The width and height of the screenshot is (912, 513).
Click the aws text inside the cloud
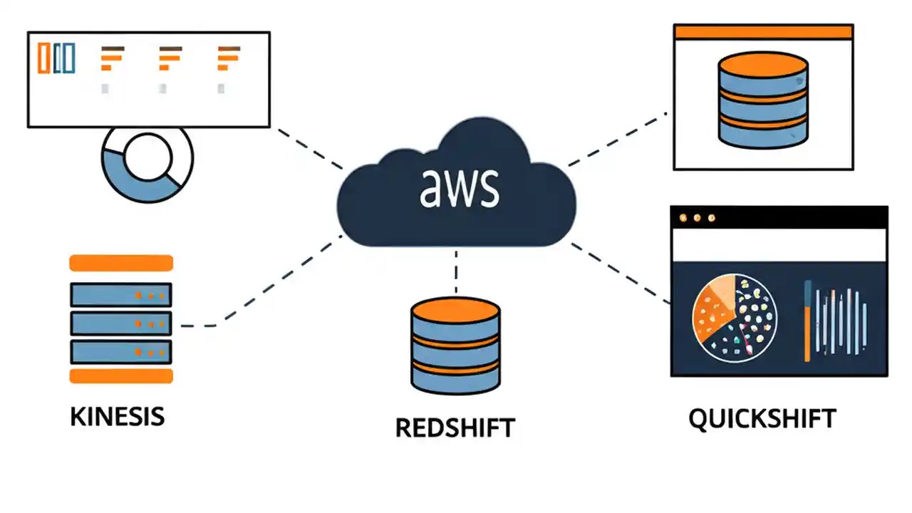[459, 187]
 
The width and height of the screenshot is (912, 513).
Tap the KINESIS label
[117, 416]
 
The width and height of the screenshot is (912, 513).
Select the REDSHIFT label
[455, 427]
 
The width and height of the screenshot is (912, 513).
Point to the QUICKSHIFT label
[762, 418]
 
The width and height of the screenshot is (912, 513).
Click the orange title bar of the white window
[763, 31]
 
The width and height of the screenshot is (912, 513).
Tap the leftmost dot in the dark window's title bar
[683, 218]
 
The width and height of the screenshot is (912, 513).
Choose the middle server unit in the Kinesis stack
[120, 323]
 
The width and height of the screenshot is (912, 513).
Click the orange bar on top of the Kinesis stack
[120, 263]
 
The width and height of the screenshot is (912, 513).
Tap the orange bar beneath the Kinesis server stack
[120, 376]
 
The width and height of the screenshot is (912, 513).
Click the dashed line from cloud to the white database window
[617, 139]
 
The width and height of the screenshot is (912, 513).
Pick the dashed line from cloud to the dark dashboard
[620, 274]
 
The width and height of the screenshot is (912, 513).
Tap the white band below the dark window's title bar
[779, 244]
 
